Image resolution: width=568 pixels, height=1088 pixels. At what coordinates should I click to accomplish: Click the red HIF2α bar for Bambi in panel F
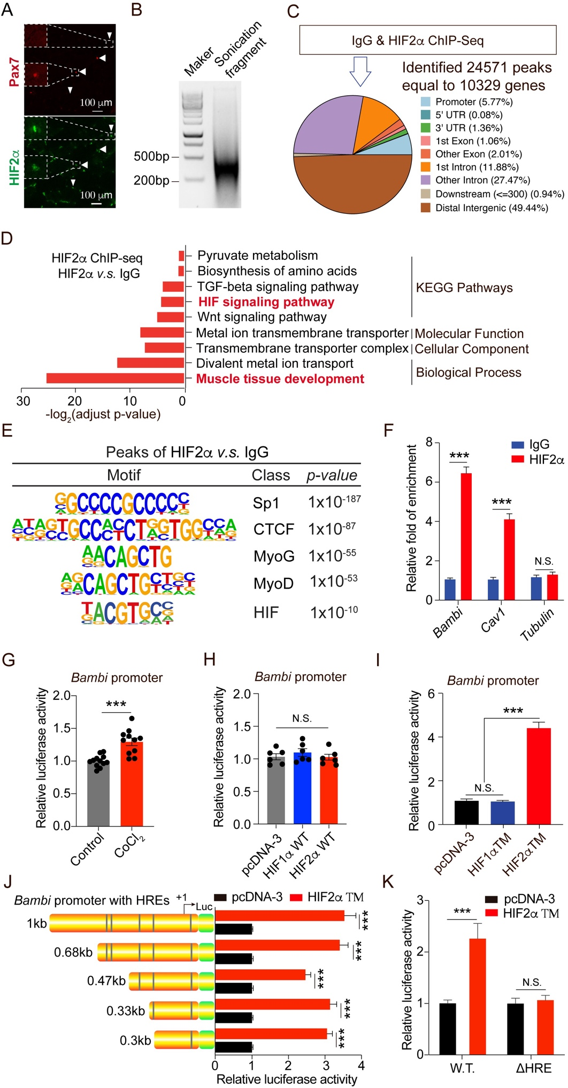(x=466, y=536)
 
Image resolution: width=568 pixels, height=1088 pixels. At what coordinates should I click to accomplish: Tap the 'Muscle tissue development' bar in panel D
(x=115, y=379)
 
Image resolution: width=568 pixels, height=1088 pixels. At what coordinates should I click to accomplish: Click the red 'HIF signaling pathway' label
(x=266, y=302)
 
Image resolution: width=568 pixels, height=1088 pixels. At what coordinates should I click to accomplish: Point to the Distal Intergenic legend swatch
(x=426, y=207)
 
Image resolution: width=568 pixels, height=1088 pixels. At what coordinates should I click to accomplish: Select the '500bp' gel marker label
(x=151, y=157)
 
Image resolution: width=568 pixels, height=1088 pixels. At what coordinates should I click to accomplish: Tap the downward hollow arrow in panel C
(x=360, y=72)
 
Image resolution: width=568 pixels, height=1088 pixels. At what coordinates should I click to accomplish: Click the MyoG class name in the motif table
(x=274, y=557)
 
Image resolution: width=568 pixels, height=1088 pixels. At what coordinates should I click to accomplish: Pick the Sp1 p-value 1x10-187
(x=334, y=502)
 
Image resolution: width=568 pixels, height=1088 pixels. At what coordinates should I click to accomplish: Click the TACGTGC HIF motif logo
(x=127, y=613)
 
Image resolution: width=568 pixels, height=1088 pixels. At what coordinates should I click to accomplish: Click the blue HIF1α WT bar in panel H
(x=302, y=788)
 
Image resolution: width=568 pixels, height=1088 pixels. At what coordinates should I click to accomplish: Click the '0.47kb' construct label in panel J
(x=106, y=981)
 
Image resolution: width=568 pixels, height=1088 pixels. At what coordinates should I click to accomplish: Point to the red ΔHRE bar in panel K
(x=545, y=1027)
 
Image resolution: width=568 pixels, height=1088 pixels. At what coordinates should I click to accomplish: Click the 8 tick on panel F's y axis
(x=429, y=442)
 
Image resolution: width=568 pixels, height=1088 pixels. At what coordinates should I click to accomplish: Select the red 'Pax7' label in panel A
(x=14, y=73)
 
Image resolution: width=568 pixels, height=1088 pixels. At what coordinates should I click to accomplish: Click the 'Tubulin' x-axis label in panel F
(x=537, y=624)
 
